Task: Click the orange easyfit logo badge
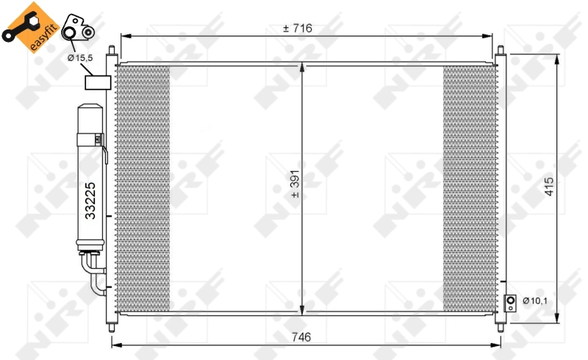pyautogui.click(x=27, y=27)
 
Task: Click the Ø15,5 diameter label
pyautogui.click(x=80, y=57)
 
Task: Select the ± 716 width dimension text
pyautogui.click(x=298, y=28)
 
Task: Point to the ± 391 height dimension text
pyautogui.click(x=295, y=187)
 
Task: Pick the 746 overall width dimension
pyautogui.click(x=300, y=337)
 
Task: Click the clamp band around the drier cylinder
pyautogui.click(x=96, y=137)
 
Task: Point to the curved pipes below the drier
pyautogui.click(x=95, y=273)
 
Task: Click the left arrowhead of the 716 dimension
pyautogui.click(x=124, y=35)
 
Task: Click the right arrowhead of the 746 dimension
pyautogui.click(x=503, y=345)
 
